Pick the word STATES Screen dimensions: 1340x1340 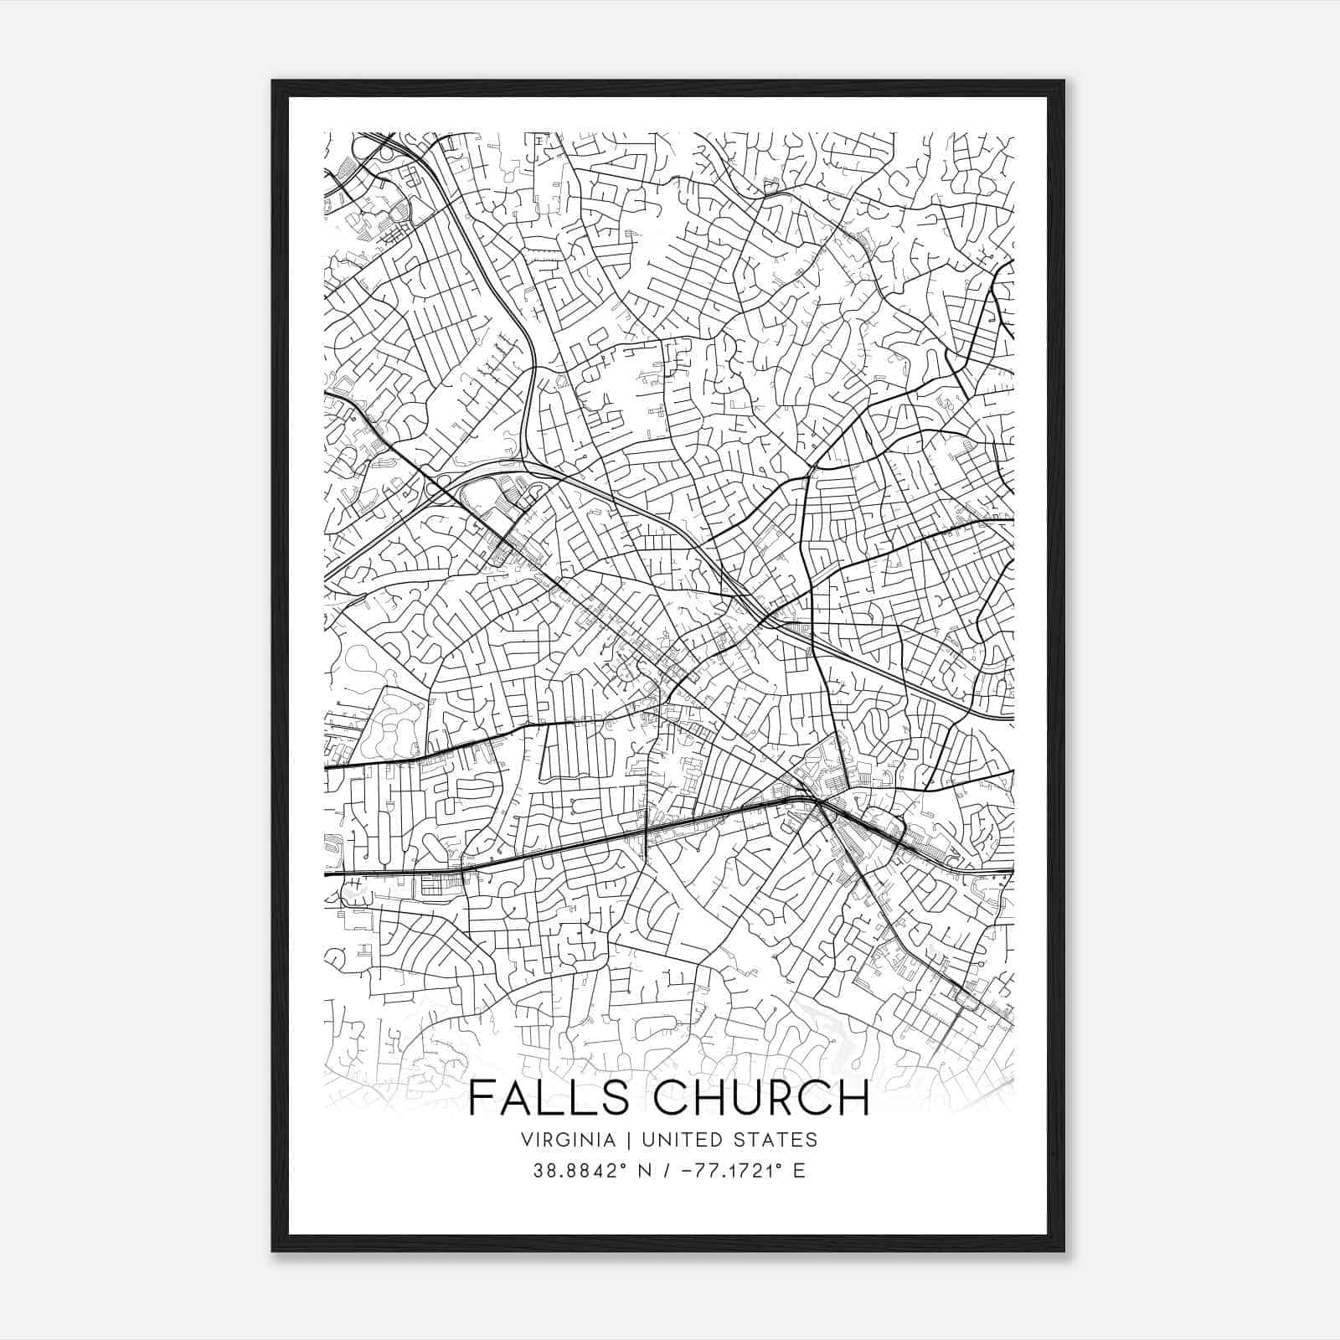point(776,1139)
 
